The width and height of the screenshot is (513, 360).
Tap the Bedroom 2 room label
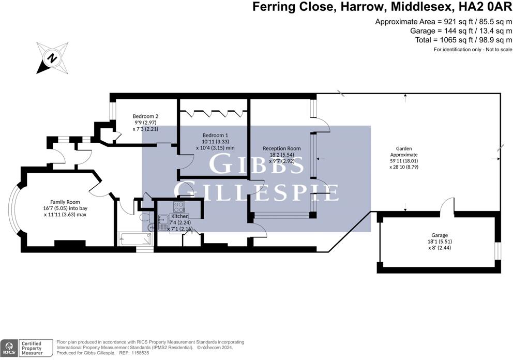pos(145,116)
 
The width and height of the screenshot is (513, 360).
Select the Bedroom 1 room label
pos(215,135)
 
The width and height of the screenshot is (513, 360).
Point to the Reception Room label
pos(282,148)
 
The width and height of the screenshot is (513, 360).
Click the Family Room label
pos(65,202)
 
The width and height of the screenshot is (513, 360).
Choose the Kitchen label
pos(179,216)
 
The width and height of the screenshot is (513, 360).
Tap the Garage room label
pos(440,235)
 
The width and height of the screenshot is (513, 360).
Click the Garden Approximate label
pos(404,152)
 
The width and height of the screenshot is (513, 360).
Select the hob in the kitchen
pos(178,207)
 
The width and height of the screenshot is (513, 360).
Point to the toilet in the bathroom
pos(145,217)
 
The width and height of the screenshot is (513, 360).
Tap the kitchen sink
pos(162,222)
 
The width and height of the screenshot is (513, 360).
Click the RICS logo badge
pos(9,348)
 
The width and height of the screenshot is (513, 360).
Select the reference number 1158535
pos(140,353)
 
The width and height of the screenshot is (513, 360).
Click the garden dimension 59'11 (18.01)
pos(404,161)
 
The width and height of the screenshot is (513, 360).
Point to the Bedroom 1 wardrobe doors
pos(214,113)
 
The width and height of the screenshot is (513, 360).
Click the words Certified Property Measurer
pos(32,348)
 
